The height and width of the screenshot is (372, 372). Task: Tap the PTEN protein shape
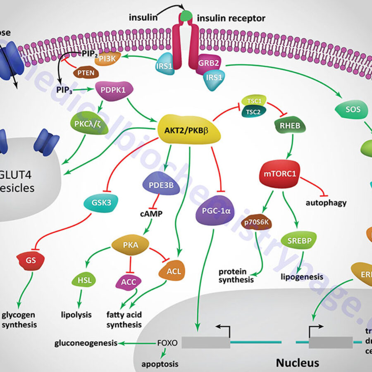(86, 74)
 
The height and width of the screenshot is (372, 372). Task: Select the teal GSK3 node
(101, 203)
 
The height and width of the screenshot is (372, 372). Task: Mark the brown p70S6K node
(257, 222)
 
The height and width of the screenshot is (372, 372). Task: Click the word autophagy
(326, 203)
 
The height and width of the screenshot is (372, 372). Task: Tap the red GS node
(31, 260)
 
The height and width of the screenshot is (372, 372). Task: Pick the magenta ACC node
(129, 282)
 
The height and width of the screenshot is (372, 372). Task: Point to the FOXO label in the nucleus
(167, 343)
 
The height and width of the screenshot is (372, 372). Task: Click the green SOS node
(352, 110)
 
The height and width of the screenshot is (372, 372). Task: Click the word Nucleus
(297, 363)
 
